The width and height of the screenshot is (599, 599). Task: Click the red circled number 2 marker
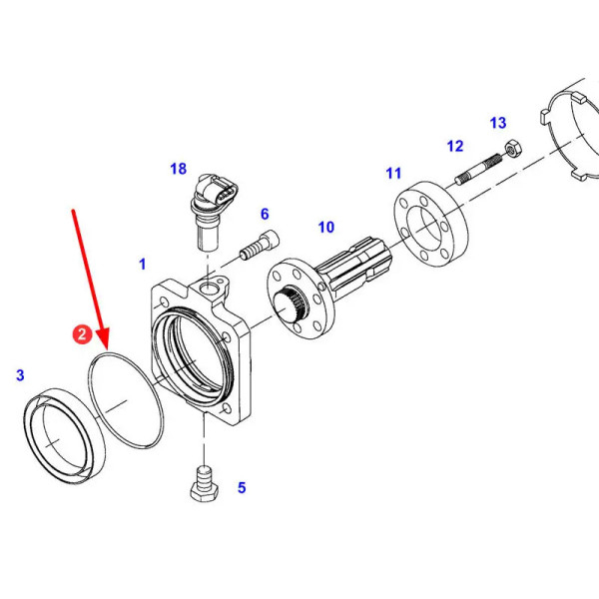(82, 334)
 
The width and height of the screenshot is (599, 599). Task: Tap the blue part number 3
(20, 375)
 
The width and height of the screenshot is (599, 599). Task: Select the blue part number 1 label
(143, 264)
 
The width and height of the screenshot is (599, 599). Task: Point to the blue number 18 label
(178, 169)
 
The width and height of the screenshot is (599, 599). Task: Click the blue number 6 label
(265, 214)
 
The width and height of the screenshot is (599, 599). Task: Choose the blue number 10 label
(326, 228)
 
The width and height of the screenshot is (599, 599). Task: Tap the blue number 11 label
(394, 173)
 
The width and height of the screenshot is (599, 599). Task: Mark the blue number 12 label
(455, 146)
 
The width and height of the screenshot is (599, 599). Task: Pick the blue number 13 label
(498, 123)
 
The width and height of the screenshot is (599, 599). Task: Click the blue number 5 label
(242, 488)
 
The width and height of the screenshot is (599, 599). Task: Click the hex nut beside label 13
(513, 149)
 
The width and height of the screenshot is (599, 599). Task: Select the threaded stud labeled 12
(478, 169)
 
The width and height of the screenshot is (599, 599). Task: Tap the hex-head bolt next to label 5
(205, 483)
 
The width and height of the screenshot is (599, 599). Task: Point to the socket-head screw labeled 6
(260, 245)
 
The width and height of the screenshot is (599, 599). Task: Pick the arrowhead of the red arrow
(103, 340)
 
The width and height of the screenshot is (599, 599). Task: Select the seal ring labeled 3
(65, 436)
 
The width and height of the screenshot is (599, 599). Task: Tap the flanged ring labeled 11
(431, 224)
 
